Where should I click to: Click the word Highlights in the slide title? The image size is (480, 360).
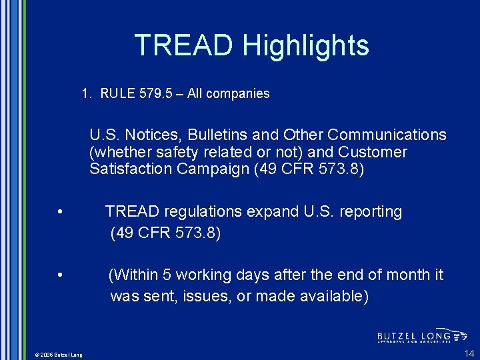305,45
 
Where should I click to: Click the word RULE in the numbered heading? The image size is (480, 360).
118,94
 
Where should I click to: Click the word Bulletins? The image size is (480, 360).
219,135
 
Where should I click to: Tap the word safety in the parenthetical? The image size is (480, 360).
169,152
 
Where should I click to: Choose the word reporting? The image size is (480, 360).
369,212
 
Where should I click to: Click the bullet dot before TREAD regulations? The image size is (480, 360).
60,213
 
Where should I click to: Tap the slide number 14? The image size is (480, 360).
469,353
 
